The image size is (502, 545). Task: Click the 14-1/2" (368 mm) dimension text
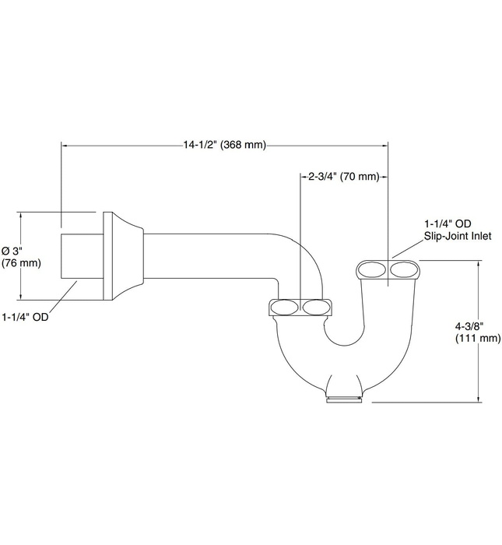223,144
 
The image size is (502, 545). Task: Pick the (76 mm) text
21,262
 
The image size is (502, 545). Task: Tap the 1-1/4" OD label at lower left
26,317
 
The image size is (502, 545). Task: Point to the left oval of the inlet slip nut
371,271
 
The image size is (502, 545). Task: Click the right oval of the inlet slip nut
404,271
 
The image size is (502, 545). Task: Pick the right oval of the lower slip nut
316,307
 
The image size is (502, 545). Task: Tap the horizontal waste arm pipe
210,255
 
